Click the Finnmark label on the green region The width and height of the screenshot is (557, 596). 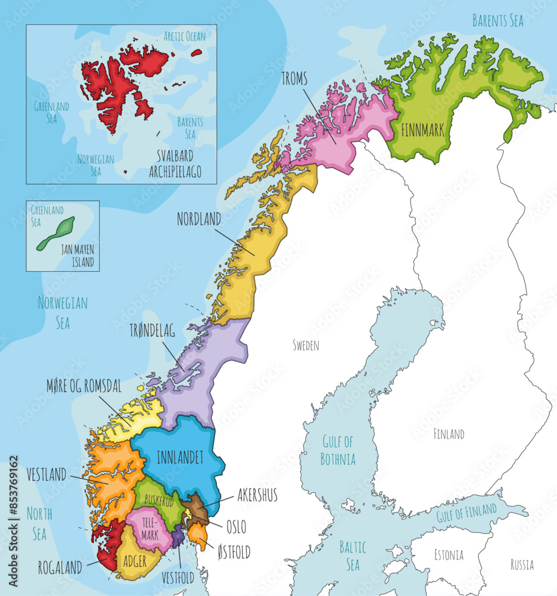pos(423,131)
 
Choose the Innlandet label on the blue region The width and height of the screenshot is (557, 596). pos(180,458)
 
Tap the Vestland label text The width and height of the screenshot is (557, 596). pos(46,475)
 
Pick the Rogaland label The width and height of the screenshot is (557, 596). pos(60,567)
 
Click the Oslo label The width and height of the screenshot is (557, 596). pos(236,527)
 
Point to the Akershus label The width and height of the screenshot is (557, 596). pos(257,495)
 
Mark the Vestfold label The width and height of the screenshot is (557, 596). pos(178,578)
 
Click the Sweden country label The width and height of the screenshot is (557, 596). pos(306,345)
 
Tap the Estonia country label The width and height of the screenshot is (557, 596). pos(448,555)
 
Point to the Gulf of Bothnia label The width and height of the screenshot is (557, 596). pos(338,451)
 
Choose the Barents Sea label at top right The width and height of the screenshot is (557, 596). pos(497,21)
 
